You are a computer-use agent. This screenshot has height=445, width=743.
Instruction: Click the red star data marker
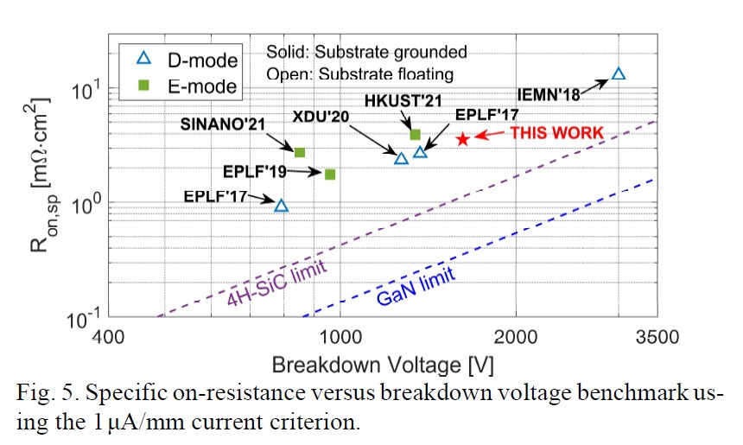(x=463, y=138)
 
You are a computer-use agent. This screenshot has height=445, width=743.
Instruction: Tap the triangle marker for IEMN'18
(x=618, y=74)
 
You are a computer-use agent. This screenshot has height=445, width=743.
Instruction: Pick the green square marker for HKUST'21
(x=415, y=134)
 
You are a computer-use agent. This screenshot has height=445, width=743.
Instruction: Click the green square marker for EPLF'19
(x=330, y=175)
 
